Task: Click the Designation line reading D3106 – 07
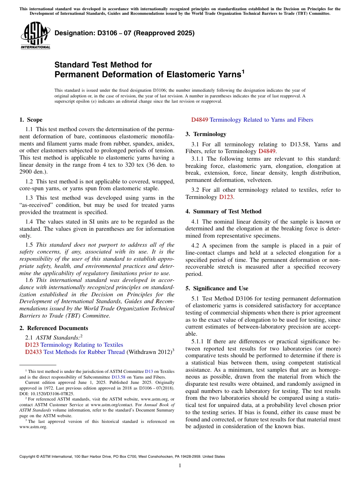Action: tap(125, 33)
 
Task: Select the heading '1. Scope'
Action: tap(31, 120)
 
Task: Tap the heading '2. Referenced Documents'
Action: tap(53, 328)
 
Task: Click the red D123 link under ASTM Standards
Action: tap(32, 345)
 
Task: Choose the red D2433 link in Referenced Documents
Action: tap(33, 352)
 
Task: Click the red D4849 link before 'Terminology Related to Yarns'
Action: tap(199, 120)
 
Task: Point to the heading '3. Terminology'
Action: tap(206, 134)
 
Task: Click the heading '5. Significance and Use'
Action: tap(217, 288)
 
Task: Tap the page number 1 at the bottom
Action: tap(180, 466)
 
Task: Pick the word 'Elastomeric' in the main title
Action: tap(180, 75)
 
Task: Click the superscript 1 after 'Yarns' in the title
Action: tap(243, 72)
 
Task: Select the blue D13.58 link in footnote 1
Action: tap(117, 377)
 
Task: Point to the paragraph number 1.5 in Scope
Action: tap(30, 245)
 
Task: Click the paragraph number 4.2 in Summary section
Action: tap(196, 246)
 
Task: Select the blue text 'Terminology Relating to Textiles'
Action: tap(81, 345)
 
